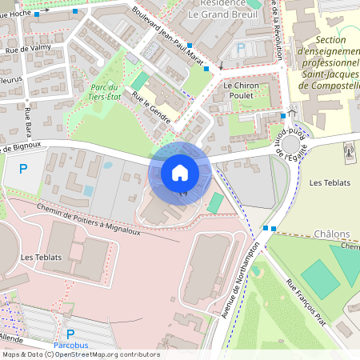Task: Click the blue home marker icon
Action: coord(180,173)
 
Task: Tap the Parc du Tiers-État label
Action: coord(104,92)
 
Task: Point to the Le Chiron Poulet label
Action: coord(238,91)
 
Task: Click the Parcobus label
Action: coord(72,346)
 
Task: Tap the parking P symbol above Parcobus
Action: coord(70,334)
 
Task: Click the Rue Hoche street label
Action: coord(15,14)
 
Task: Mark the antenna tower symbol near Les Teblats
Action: coord(348,150)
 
